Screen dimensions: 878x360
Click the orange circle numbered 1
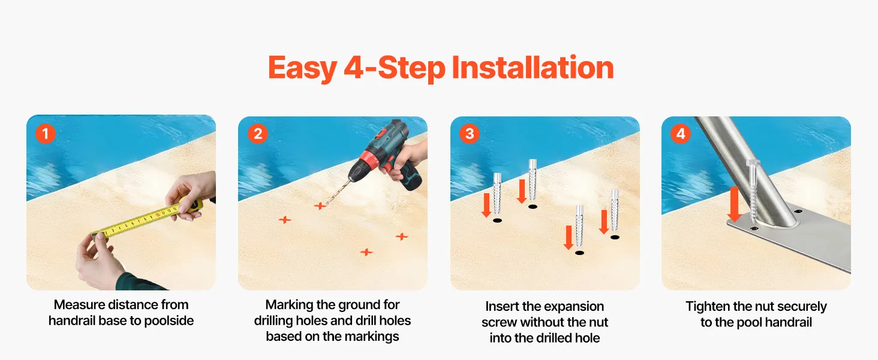(x=46, y=134)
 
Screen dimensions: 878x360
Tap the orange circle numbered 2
(x=257, y=134)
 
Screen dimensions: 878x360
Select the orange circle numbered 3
(x=470, y=134)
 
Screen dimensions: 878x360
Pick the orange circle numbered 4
(x=681, y=134)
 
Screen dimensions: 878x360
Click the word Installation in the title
(x=533, y=68)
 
